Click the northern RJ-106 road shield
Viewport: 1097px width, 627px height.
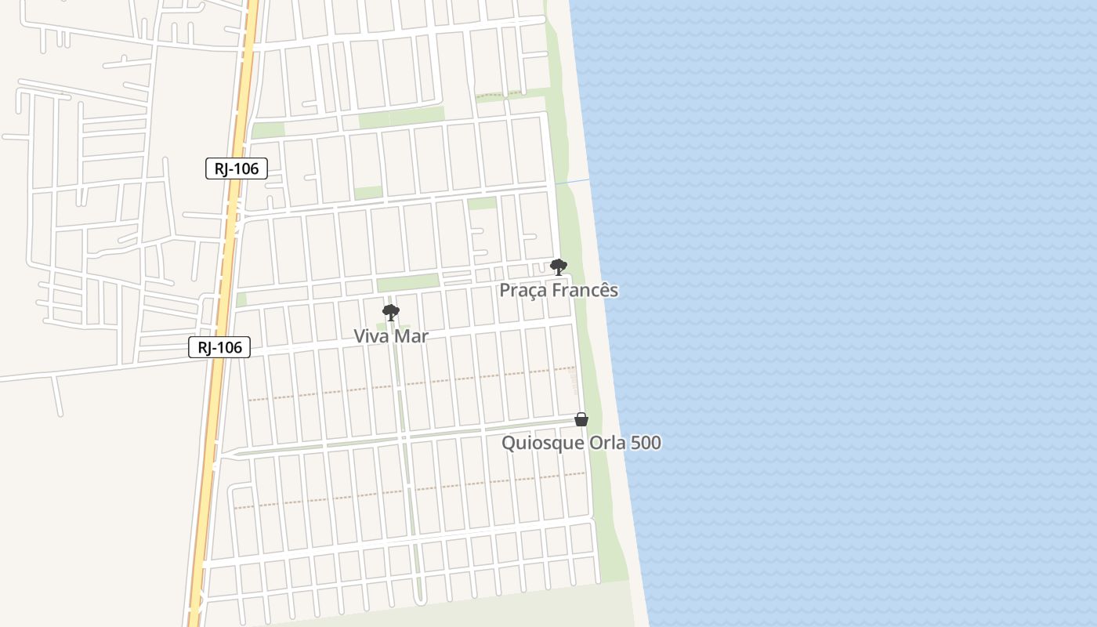[x=237, y=169]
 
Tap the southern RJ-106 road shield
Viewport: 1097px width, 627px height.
[x=219, y=347]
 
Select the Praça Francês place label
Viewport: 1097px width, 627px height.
[x=559, y=290]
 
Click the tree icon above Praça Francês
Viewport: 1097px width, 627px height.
[x=558, y=267]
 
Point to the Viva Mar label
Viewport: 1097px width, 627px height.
[x=391, y=336]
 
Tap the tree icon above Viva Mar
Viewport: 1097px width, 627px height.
[x=390, y=313]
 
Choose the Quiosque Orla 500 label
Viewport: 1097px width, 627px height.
[x=581, y=443]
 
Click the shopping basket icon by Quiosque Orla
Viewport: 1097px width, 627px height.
[x=581, y=420]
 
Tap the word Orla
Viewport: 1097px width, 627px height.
[x=608, y=443]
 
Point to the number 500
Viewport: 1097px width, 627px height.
[x=646, y=443]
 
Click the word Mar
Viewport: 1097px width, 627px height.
[x=412, y=336]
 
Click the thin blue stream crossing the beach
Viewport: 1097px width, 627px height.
[x=573, y=182]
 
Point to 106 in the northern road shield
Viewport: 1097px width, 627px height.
[x=245, y=169]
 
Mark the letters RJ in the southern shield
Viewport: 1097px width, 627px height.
[x=206, y=347]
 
